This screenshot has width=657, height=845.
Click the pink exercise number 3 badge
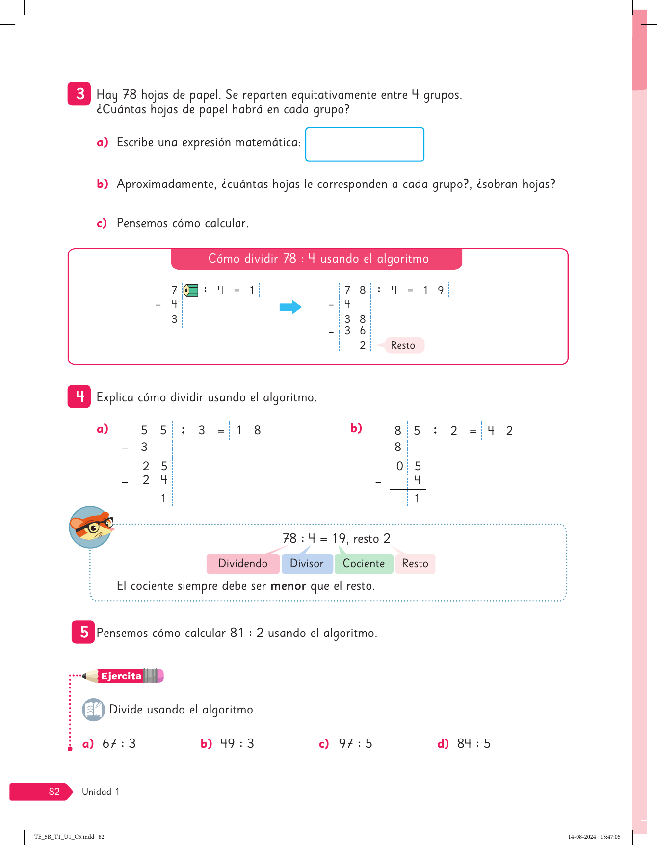point(79,93)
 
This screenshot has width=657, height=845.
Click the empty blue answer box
point(365,144)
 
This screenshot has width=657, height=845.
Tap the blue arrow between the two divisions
point(290,307)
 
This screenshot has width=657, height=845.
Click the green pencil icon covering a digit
point(190,290)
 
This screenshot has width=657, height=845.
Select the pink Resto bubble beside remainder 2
point(403,345)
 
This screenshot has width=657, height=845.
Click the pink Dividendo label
point(243,564)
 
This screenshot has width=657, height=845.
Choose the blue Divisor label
point(307,564)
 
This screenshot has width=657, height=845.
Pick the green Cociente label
point(364,564)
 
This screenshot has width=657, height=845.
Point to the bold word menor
point(288,586)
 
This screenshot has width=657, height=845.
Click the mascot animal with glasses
point(91,527)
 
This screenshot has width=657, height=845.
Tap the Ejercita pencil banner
point(123,676)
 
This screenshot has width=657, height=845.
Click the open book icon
point(93,710)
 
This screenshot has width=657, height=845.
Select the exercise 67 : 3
point(119,744)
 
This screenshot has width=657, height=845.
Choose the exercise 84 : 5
point(473,744)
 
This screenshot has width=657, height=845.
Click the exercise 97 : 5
point(355,744)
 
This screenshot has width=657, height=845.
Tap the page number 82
point(54,792)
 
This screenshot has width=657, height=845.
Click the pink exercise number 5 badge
point(83,632)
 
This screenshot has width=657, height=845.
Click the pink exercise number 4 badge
point(79,396)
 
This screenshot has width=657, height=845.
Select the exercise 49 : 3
point(237,744)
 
